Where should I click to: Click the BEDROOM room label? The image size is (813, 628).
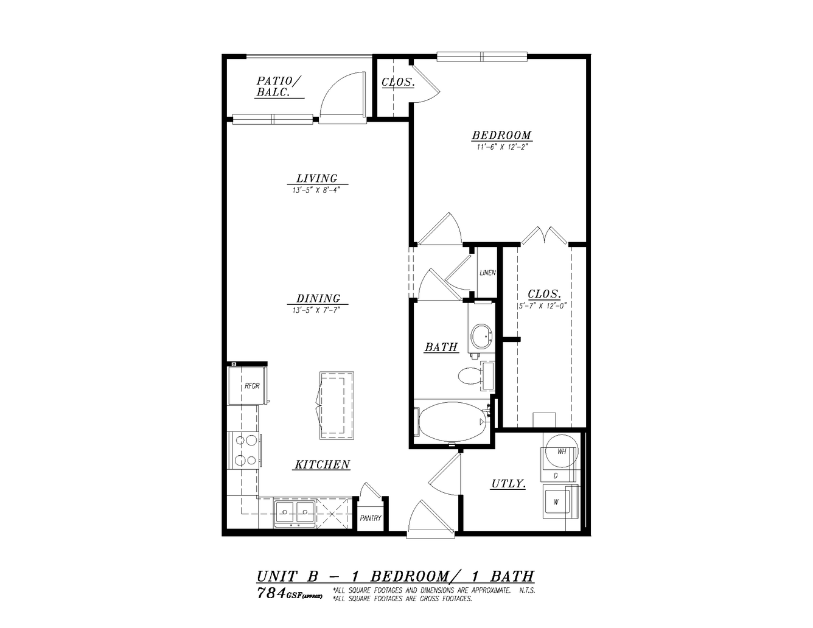point(501,135)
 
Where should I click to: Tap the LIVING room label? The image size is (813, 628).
point(317,178)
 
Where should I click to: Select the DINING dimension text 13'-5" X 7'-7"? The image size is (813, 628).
point(316,310)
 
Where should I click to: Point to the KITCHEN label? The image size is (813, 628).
point(322,464)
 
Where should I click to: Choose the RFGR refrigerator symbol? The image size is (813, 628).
point(248,386)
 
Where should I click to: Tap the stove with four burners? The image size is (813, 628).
point(245,450)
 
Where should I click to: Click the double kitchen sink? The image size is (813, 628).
point(294,512)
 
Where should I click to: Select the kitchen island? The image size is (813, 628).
point(337,405)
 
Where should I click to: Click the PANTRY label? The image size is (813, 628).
point(371,518)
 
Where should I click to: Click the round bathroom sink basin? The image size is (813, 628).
point(481,335)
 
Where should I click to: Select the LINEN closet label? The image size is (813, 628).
point(488,273)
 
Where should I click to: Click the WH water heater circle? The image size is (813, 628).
point(562,451)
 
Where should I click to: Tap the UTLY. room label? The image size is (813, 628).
point(509,484)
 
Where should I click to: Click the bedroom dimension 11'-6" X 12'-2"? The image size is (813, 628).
point(501,147)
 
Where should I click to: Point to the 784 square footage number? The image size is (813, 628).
point(271,593)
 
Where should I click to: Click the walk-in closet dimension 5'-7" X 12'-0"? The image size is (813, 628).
point(542,305)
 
